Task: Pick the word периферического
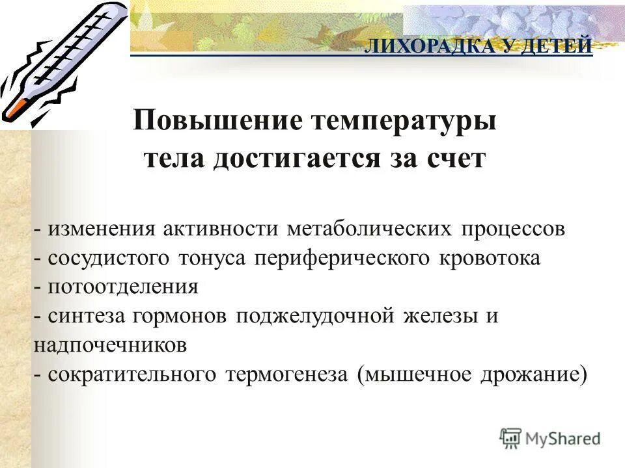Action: (342, 258)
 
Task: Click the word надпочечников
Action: (110, 345)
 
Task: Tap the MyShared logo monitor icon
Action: (511, 437)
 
